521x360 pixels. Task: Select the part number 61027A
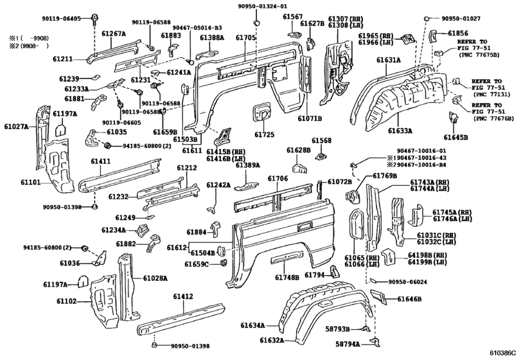tap(15, 127)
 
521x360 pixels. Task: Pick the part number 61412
tap(182, 296)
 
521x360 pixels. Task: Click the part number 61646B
tap(409, 299)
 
